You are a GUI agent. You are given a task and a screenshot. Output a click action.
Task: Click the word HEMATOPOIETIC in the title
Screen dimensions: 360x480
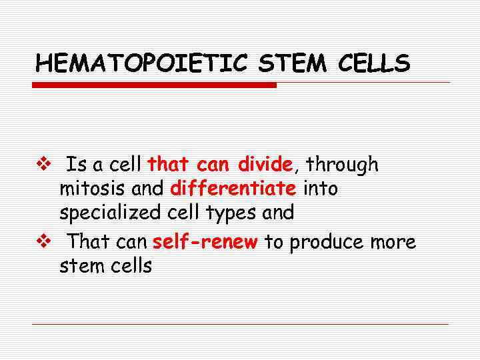141,63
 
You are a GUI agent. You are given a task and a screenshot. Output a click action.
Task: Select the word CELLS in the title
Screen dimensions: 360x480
373,63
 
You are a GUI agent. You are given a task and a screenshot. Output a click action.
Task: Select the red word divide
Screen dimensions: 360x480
265,164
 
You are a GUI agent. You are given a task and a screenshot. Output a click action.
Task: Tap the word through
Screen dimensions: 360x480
342,165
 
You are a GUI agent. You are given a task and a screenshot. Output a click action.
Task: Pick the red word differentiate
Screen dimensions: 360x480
233,189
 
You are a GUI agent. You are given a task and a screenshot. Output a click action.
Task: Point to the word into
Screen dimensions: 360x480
321,189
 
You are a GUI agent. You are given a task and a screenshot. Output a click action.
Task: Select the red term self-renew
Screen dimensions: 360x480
205,242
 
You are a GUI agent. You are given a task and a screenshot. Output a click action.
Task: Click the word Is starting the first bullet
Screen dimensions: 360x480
77,165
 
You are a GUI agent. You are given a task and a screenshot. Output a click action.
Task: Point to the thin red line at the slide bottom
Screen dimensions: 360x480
240,324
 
